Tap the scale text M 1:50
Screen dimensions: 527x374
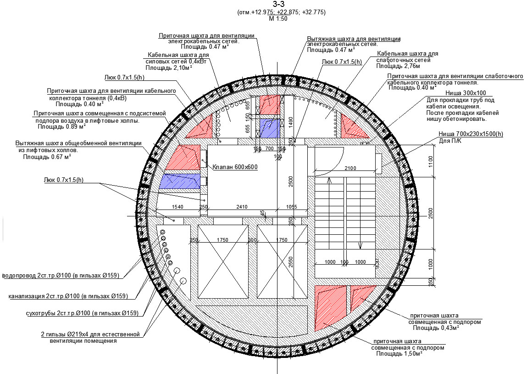pos(278,19)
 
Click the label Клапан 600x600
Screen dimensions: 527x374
pos(235,167)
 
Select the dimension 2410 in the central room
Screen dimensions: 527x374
pos(242,207)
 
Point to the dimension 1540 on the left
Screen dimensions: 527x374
pos(178,207)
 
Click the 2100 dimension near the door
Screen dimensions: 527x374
pos(350,168)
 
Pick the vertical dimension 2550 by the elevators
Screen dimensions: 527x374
pos(291,261)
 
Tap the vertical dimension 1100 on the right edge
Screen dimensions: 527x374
pos(431,162)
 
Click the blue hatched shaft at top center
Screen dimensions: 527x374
pos(270,128)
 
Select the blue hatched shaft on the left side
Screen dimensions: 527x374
pos(180,181)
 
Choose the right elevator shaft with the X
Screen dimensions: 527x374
pos(282,261)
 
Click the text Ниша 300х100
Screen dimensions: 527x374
pos(466,93)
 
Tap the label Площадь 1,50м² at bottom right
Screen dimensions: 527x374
pos(399,354)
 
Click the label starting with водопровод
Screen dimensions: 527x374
pos(61,275)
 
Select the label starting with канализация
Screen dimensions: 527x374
pos(68,296)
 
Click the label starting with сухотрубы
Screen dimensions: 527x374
pos(82,313)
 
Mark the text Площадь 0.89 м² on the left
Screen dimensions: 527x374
pos(61,126)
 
